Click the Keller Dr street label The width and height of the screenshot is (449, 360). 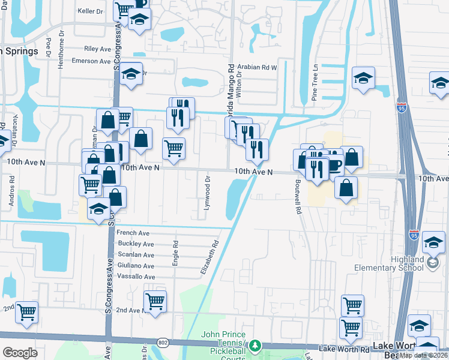coord(91,11)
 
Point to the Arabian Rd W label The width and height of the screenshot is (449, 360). coord(257,68)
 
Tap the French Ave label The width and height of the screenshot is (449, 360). coord(133,233)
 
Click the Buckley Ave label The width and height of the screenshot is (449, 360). coord(137,244)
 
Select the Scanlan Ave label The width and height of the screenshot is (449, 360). coord(137,254)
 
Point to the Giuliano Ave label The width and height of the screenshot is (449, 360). coord(136,265)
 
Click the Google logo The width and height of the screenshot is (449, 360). coord(20,352)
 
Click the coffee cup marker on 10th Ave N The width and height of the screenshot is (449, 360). coord(334,164)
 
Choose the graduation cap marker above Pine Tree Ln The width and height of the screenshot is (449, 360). coord(363,79)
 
